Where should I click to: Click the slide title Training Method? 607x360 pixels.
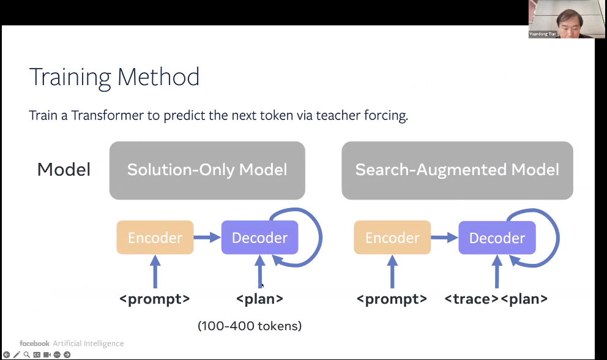114,77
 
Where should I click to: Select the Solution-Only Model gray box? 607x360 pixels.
207,170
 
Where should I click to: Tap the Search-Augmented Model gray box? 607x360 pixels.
457,170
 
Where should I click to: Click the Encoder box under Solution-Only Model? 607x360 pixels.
155,238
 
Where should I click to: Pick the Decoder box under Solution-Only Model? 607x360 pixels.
259,238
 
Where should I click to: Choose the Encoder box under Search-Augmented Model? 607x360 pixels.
392,238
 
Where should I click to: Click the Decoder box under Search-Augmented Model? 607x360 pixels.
496,238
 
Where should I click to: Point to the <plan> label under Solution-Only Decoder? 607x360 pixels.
259,299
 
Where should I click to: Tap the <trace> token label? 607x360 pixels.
471,299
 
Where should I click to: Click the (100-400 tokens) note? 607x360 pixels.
250,326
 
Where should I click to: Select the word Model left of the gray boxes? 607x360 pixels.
64,170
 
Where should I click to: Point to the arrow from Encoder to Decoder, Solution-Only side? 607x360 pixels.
207,238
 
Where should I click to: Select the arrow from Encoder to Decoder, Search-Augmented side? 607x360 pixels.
444,238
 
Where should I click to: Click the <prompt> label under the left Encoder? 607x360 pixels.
155,299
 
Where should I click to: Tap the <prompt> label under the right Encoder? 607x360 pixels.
392,299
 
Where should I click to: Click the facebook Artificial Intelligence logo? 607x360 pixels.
72,343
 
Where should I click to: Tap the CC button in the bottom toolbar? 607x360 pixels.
37,354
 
